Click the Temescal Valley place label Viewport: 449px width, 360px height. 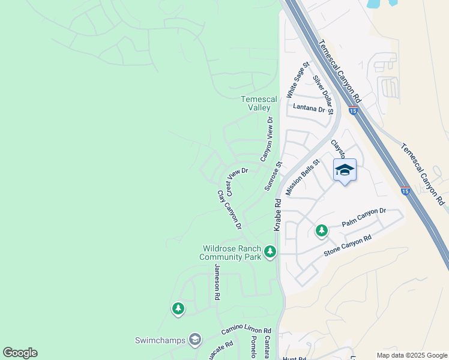coord(259,103)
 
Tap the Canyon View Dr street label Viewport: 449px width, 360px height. coord(267,139)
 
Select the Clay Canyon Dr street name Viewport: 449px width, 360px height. coord(229,210)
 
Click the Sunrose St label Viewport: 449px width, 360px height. coord(273,176)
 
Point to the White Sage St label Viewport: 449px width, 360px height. coord(297,79)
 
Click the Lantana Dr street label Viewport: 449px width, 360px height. coord(309,107)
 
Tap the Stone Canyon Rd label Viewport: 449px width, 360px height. coord(348,245)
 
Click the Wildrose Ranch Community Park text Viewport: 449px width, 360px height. coord(231,253)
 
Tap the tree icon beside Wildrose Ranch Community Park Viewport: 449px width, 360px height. coord(270,251)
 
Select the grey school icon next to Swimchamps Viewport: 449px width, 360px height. coord(194,340)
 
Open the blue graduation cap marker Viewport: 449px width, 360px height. coord(345,170)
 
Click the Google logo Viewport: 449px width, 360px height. coord(20,353)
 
